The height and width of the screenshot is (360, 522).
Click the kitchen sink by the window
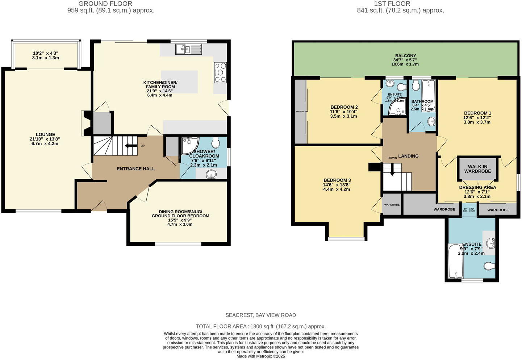[188, 49]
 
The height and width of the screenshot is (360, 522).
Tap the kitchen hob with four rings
[220, 72]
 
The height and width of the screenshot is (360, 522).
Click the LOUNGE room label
[45, 134]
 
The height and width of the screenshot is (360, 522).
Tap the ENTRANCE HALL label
[135, 169]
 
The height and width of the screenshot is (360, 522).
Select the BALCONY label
[405, 56]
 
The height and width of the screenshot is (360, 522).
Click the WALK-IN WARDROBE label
[477, 169]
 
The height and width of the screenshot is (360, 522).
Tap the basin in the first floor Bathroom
[431, 122]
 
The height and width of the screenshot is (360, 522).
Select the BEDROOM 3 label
[337, 180]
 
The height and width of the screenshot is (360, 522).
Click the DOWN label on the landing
[392, 158]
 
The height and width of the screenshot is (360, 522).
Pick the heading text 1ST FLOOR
[392, 4]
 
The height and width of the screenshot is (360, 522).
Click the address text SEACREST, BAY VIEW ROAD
[260, 315]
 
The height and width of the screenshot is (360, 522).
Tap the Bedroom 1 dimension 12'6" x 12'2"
[477, 118]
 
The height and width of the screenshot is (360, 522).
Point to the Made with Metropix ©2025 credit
[260, 356]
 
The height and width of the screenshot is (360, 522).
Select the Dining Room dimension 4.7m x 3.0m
[180, 224]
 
